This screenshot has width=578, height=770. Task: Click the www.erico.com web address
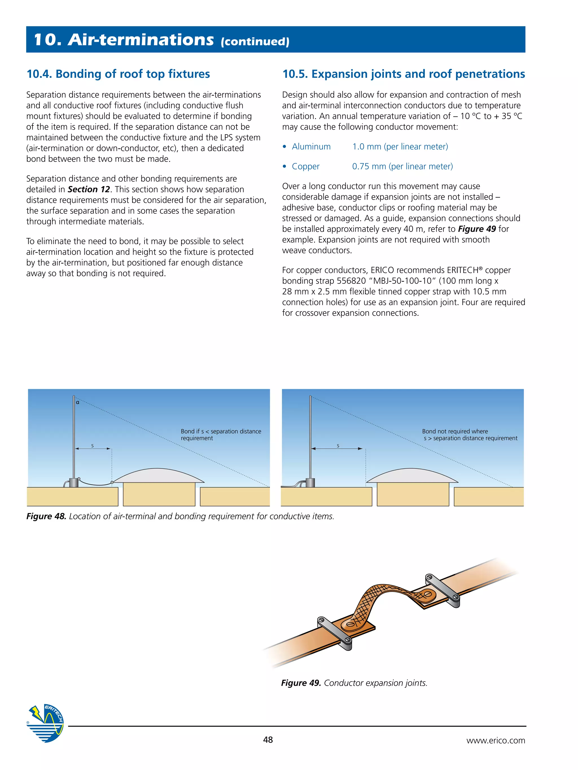[495, 740]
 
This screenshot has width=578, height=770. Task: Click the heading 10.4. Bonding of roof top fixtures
[118, 74]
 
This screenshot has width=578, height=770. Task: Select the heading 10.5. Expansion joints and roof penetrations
[404, 74]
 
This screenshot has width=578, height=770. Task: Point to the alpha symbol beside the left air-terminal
[78, 402]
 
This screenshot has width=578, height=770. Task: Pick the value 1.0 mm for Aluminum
[367, 147]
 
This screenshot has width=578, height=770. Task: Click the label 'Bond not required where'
[455, 431]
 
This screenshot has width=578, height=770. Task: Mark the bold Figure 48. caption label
[46, 516]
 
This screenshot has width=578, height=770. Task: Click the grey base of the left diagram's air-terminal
[74, 483]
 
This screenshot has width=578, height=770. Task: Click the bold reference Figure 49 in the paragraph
[477, 229]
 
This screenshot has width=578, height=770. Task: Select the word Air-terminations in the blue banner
[141, 40]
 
